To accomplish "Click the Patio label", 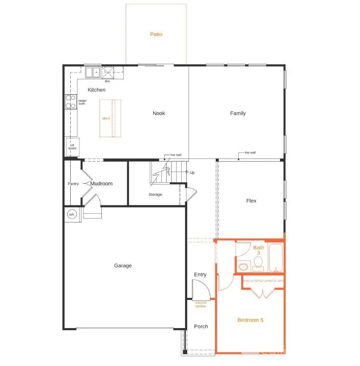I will [156, 34].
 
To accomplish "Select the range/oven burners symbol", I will [70, 102].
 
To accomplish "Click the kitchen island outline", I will [110, 118].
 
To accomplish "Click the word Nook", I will [159, 113].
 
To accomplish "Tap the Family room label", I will [238, 113].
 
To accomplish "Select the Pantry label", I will [73, 184].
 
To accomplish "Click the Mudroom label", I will [101, 184].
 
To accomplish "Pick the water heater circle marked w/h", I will [71, 214].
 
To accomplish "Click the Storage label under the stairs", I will [155, 195].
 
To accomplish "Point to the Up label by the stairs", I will [192, 173].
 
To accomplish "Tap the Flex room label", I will [251, 201].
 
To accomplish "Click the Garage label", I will [123, 265].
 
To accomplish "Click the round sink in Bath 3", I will [243, 267].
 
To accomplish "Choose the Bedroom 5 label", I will [250, 320].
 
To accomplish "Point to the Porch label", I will [201, 326].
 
